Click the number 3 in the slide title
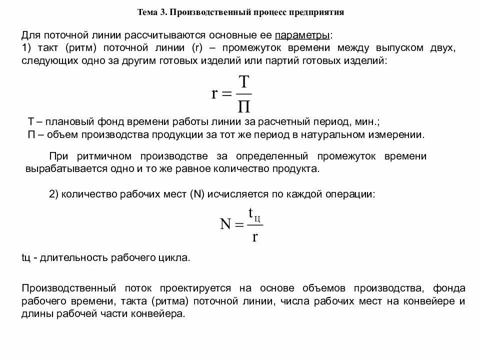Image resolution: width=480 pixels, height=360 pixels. tap(163, 11)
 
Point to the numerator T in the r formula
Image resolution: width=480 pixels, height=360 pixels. tap(243, 82)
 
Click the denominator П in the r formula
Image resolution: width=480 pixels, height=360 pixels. tap(243, 106)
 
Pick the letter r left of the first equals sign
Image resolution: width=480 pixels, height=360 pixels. tap(214, 94)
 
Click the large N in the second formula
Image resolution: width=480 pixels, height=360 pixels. tap(225, 224)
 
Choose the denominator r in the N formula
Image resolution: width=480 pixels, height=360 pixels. tap(254, 236)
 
